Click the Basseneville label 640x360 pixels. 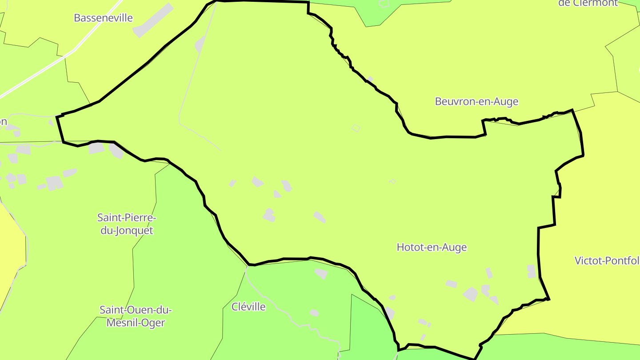(103, 18)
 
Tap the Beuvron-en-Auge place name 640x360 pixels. (476, 101)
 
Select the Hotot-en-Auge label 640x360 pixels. (432, 247)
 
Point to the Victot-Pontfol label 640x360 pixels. (607, 260)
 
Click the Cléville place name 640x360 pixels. (248, 307)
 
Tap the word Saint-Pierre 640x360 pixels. (127, 218)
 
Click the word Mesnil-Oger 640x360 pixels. (136, 323)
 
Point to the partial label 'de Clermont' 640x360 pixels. (588, 3)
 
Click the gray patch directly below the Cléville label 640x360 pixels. (314, 313)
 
